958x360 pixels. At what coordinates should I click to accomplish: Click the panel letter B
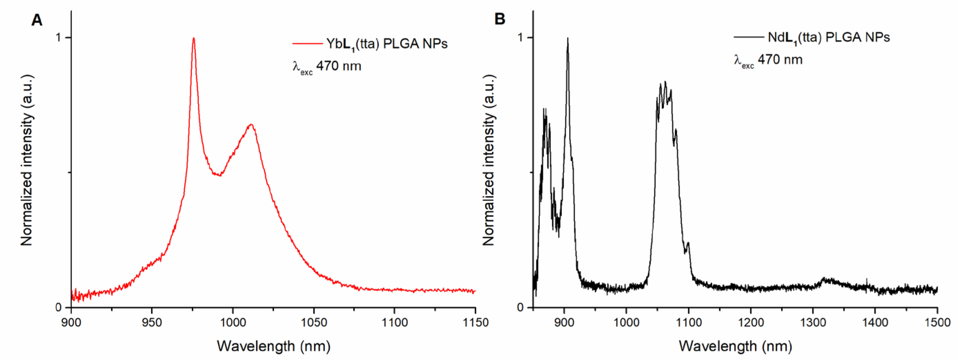pyautogui.click(x=499, y=19)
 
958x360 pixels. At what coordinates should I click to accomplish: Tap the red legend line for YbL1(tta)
pyautogui.click(x=307, y=44)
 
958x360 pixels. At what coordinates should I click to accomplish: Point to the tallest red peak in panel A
pyautogui.click(x=193, y=39)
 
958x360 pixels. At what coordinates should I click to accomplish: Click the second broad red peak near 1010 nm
pyautogui.click(x=251, y=125)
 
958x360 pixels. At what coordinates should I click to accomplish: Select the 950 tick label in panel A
pyautogui.click(x=152, y=322)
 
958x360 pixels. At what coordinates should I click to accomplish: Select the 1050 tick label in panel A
pyautogui.click(x=313, y=322)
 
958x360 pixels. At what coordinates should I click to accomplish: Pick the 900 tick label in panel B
pyautogui.click(x=564, y=322)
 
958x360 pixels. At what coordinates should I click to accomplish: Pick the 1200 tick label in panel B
pyautogui.click(x=751, y=322)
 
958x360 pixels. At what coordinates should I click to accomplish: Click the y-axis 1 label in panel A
pyautogui.click(x=58, y=37)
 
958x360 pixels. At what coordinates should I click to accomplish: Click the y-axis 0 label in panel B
pyautogui.click(x=520, y=308)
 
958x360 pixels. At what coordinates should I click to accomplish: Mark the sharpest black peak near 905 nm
pyautogui.click(x=567, y=39)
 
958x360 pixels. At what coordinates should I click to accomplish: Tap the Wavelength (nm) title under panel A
pyautogui.click(x=273, y=346)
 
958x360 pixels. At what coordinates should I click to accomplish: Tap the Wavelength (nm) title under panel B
pyautogui.click(x=735, y=346)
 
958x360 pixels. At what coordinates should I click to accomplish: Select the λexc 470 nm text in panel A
pyautogui.click(x=326, y=66)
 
